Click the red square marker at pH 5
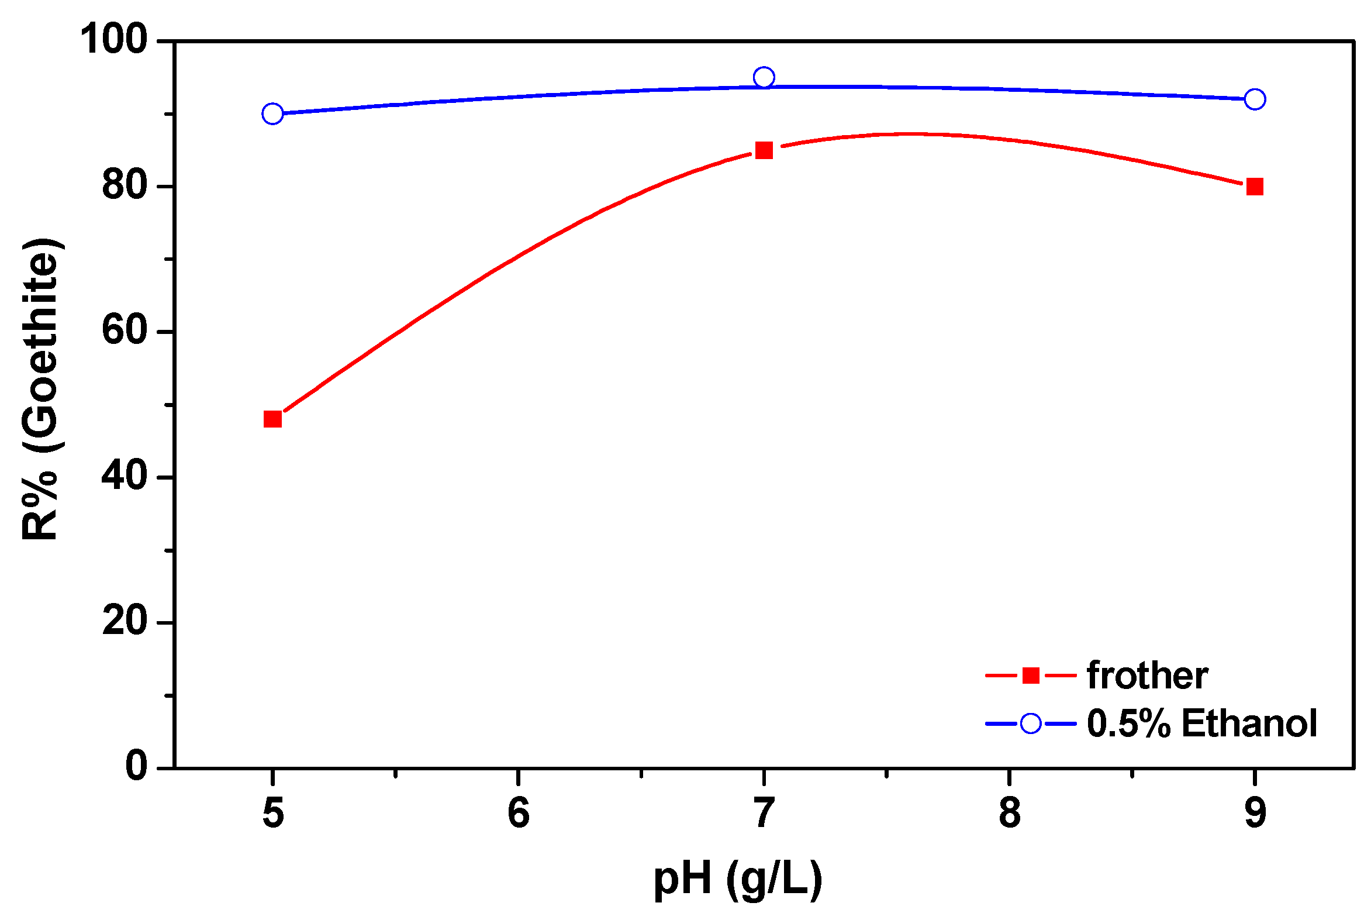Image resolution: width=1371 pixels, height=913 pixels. tap(272, 419)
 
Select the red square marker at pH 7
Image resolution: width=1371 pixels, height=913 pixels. tap(764, 150)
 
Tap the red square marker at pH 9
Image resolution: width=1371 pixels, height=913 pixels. tap(1255, 187)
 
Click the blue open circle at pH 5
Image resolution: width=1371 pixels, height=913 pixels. tap(272, 113)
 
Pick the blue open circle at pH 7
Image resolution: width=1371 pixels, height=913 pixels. tap(764, 77)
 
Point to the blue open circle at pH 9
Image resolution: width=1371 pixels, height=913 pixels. tap(1255, 99)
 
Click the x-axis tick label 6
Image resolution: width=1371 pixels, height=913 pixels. tap(518, 813)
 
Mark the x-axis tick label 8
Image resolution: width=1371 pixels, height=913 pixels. tap(1010, 813)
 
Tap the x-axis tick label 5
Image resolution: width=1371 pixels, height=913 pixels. tap(273, 813)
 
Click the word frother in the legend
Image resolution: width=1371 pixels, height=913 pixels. tap(1147, 676)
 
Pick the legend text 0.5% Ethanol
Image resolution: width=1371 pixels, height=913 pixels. tap(1202, 723)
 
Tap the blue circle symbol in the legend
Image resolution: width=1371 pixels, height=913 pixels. tap(1031, 723)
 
